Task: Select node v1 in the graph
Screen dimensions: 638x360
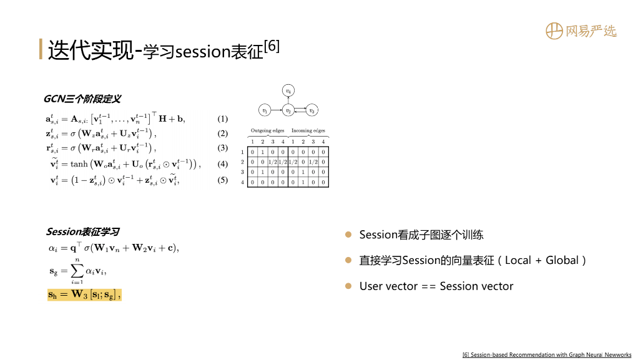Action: click(x=265, y=111)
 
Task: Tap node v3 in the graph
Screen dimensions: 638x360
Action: click(x=312, y=111)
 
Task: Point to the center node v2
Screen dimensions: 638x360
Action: click(x=288, y=111)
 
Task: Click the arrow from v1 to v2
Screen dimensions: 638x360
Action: click(x=276, y=111)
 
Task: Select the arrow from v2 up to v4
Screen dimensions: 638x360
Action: click(x=288, y=101)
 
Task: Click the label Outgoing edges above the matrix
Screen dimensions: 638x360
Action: click(x=267, y=131)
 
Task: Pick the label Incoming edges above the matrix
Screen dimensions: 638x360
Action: click(x=308, y=131)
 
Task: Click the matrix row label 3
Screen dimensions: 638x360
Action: click(x=242, y=172)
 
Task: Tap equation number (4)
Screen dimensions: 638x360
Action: click(x=223, y=164)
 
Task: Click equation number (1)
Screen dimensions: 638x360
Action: click(x=223, y=119)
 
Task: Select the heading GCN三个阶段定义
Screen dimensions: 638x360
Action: click(x=82, y=99)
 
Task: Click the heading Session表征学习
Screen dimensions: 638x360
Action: click(x=82, y=232)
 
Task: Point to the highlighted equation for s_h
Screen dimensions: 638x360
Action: click(x=84, y=294)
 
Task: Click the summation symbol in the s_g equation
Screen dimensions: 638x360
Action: click(x=77, y=271)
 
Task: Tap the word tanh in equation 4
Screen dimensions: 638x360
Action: click(x=79, y=164)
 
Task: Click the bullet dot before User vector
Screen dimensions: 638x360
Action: click(x=348, y=286)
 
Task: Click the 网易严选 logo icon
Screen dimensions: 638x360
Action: click(x=554, y=31)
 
